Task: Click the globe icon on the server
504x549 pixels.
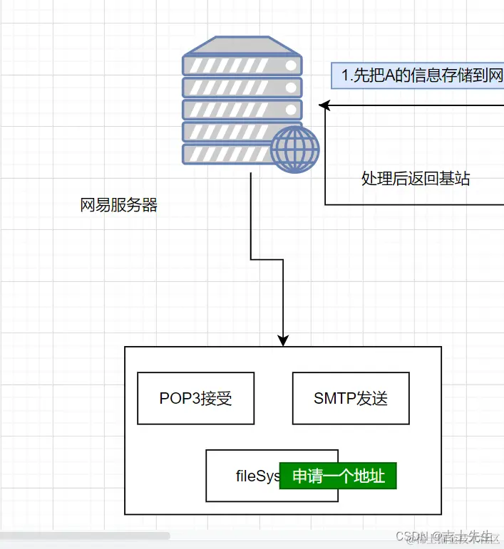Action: [x=294, y=150]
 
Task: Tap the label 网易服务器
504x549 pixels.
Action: [x=118, y=206]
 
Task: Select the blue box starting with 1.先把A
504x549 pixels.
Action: [x=418, y=75]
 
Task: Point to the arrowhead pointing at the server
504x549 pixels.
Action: [x=323, y=106]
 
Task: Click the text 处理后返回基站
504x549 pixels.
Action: [x=416, y=179]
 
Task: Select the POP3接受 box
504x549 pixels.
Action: [x=195, y=398]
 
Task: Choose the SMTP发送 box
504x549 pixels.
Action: [x=351, y=398]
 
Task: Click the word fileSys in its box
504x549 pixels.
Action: [x=257, y=476]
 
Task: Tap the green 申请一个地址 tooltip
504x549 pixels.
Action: [x=339, y=476]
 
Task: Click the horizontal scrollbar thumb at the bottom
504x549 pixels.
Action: [x=86, y=535]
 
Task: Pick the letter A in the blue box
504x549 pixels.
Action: [x=390, y=75]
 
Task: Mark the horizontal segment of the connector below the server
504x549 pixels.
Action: [x=267, y=259]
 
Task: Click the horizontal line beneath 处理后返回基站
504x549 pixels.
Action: [x=413, y=205]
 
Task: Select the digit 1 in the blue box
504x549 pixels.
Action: [x=345, y=75]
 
